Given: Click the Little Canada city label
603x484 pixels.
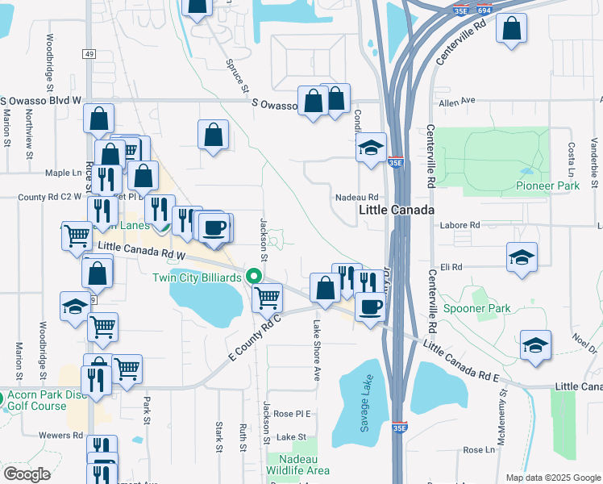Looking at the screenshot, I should [396, 210].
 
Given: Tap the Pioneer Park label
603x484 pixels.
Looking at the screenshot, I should [547, 186].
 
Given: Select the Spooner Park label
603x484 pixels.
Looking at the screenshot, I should [477, 308].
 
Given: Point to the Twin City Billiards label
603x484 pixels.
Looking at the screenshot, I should [197, 277].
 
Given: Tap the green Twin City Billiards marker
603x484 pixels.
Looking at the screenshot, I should [256, 276].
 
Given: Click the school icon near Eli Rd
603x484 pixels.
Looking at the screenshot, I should [522, 257].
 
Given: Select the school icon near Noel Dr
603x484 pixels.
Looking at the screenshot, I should [536, 344].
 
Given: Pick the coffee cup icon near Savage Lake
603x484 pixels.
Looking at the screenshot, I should [370, 307].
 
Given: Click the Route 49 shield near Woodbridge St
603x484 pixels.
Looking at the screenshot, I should [89, 53].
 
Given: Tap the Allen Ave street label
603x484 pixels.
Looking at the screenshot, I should [457, 102].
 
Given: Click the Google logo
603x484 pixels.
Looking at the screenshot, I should [27, 474].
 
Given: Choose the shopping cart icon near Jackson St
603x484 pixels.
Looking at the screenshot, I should [267, 297].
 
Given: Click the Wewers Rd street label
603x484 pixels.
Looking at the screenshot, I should [67, 435].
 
